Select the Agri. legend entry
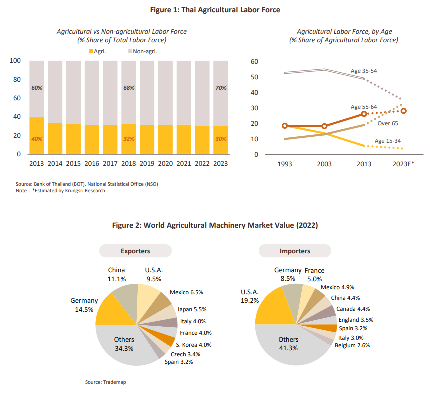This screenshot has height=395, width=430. click(x=101, y=51)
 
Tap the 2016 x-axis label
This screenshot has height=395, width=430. click(x=91, y=164)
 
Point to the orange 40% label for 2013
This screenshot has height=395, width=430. click(x=37, y=139)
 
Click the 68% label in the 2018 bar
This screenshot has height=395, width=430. click(x=129, y=88)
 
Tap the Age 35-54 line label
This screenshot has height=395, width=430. click(x=364, y=71)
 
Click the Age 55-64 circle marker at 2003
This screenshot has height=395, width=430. click(x=324, y=126)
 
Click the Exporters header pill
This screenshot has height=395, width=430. click(x=135, y=251)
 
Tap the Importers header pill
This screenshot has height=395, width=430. click(x=295, y=251)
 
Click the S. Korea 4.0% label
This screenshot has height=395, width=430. click(x=193, y=345)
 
